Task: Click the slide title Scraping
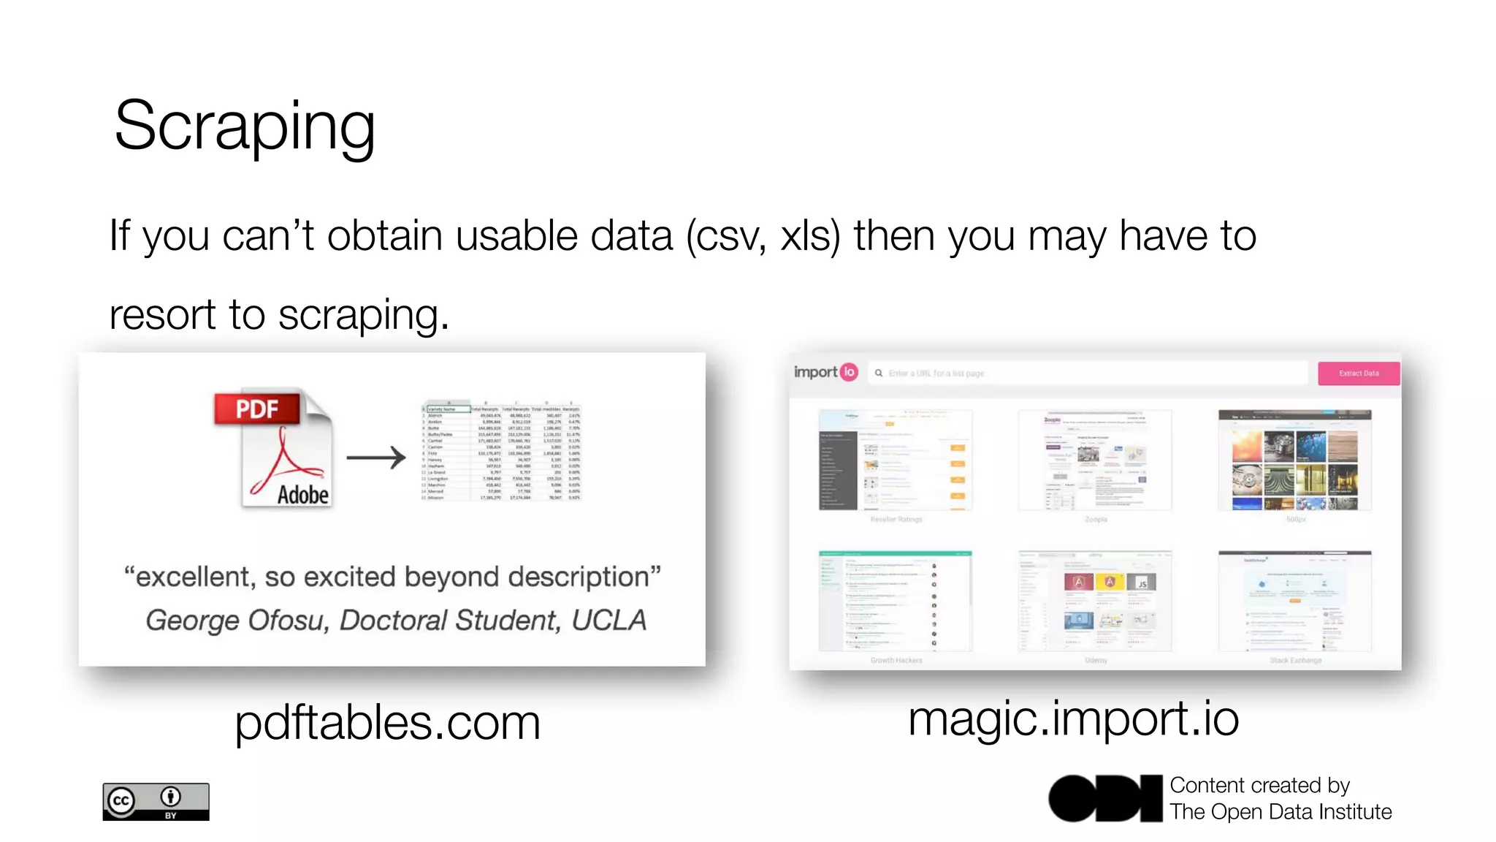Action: tap(245, 126)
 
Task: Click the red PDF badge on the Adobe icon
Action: tap(257, 409)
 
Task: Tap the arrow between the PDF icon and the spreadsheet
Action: tap(375, 458)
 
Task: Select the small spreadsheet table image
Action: tap(501, 452)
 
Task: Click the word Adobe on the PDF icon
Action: tap(302, 495)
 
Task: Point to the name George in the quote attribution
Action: tap(192, 621)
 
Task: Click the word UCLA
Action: tap(608, 620)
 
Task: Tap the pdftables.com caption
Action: tap(387, 722)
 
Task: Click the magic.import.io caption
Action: tap(1073, 718)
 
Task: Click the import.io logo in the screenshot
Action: tap(825, 372)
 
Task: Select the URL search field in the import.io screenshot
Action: tap(1088, 373)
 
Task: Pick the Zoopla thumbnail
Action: tap(1094, 460)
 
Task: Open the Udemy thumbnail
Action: tap(1095, 601)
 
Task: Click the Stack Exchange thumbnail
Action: tap(1294, 601)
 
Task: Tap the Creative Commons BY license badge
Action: tap(156, 802)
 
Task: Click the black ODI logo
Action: tap(1105, 798)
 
